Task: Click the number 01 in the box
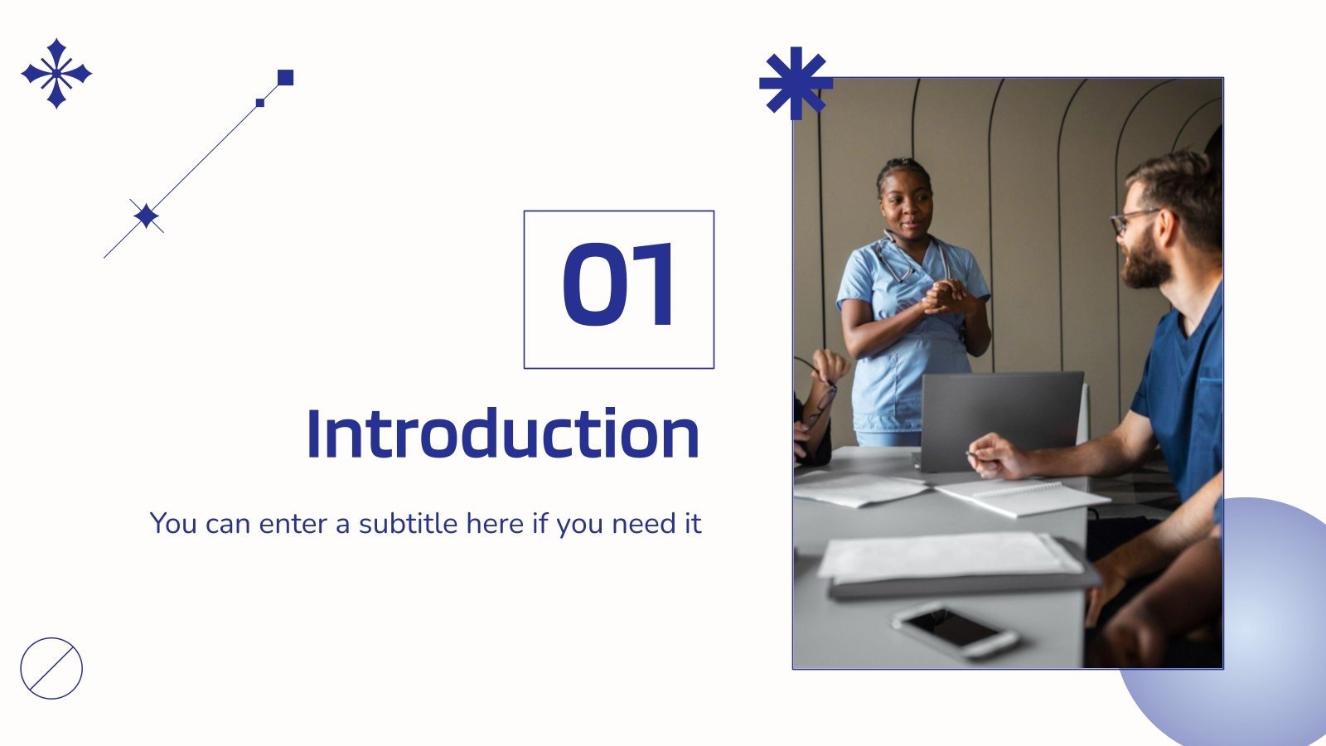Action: [x=618, y=286]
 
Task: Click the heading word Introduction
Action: [x=503, y=434]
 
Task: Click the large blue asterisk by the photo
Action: [x=795, y=83]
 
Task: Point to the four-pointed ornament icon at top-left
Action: [x=56, y=73]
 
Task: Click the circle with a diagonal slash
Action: [x=51, y=668]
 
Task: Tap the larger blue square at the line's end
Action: [x=285, y=78]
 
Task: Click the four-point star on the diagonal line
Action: [x=147, y=216]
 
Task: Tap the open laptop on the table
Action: [x=999, y=419]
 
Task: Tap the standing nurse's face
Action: [x=906, y=203]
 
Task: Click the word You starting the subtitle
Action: [x=172, y=524]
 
